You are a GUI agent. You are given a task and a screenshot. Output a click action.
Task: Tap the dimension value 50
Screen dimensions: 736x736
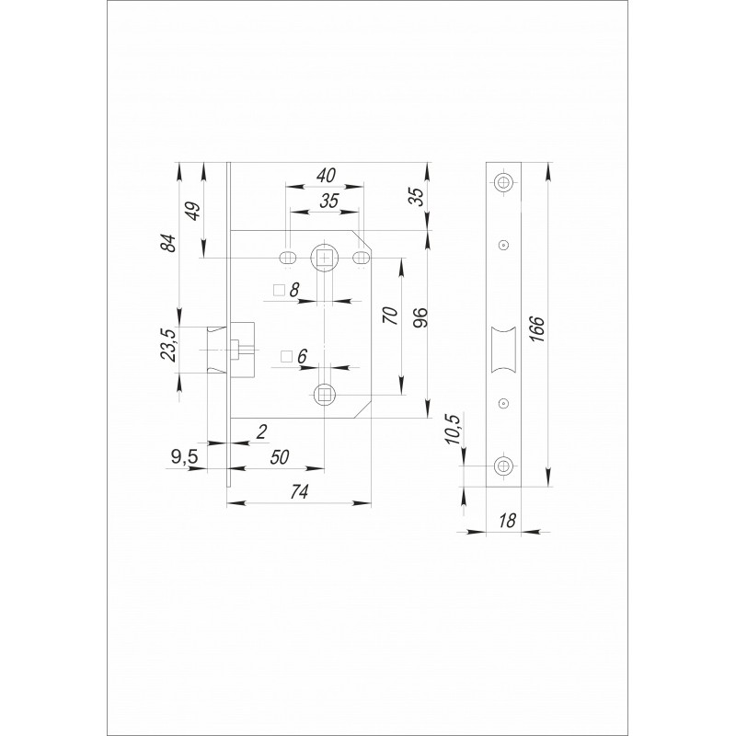[280, 457]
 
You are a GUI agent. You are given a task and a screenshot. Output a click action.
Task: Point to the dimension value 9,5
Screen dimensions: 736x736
[185, 456]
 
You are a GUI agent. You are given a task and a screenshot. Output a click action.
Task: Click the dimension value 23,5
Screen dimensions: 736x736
[168, 345]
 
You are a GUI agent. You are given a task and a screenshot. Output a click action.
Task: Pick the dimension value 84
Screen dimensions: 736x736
[169, 243]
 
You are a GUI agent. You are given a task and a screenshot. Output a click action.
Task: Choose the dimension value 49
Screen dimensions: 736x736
[193, 211]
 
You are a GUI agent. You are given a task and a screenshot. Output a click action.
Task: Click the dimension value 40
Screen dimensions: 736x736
[327, 176]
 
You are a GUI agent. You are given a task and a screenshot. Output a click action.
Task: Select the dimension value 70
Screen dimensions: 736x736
[390, 316]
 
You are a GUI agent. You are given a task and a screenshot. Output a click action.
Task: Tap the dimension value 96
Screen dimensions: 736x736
[420, 317]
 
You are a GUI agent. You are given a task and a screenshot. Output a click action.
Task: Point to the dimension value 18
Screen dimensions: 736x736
[508, 521]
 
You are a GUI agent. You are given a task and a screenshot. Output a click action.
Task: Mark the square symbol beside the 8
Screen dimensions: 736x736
[280, 291]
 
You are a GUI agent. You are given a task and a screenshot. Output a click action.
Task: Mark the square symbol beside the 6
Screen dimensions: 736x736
[286, 357]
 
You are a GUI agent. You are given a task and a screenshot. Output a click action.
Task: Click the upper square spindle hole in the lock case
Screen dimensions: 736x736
[325, 259]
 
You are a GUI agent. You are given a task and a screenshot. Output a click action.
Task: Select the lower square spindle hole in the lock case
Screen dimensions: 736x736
[325, 394]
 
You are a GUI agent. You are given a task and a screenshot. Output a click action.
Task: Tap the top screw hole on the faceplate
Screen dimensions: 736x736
[503, 182]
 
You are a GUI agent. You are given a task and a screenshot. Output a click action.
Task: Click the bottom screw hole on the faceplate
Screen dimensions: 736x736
[503, 466]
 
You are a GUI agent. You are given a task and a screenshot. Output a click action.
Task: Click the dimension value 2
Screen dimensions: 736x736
[262, 431]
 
